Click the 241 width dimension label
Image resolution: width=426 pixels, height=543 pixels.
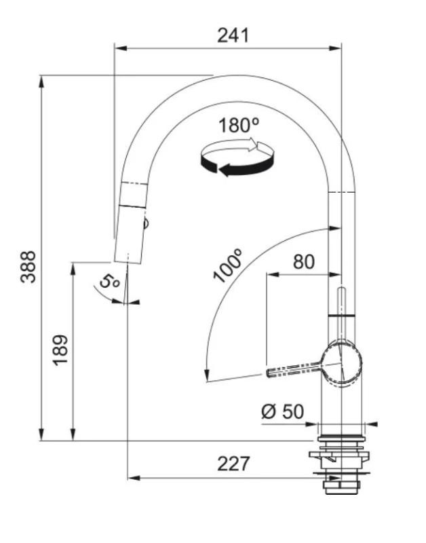point(233,35)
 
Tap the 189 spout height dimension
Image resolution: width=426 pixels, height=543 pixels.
point(61,350)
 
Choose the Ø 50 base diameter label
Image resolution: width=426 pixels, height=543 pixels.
point(282,411)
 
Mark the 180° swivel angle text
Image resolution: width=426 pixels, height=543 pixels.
point(239,125)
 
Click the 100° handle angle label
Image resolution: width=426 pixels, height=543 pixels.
point(228,265)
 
